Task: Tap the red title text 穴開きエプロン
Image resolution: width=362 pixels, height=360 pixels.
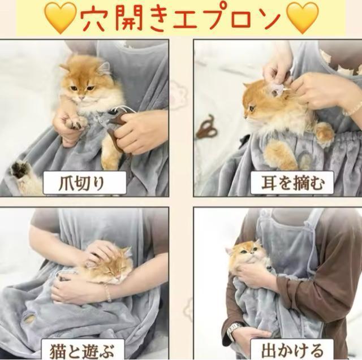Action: (x=181, y=18)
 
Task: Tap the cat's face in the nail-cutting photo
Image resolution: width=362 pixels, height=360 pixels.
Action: (x=84, y=85)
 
